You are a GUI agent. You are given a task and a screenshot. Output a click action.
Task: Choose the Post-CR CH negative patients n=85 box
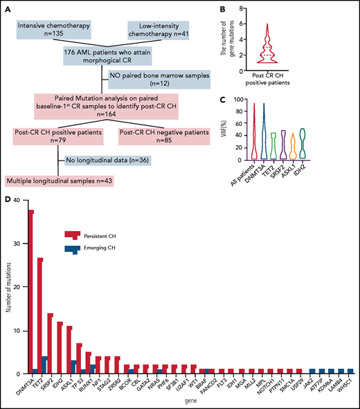164,135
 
